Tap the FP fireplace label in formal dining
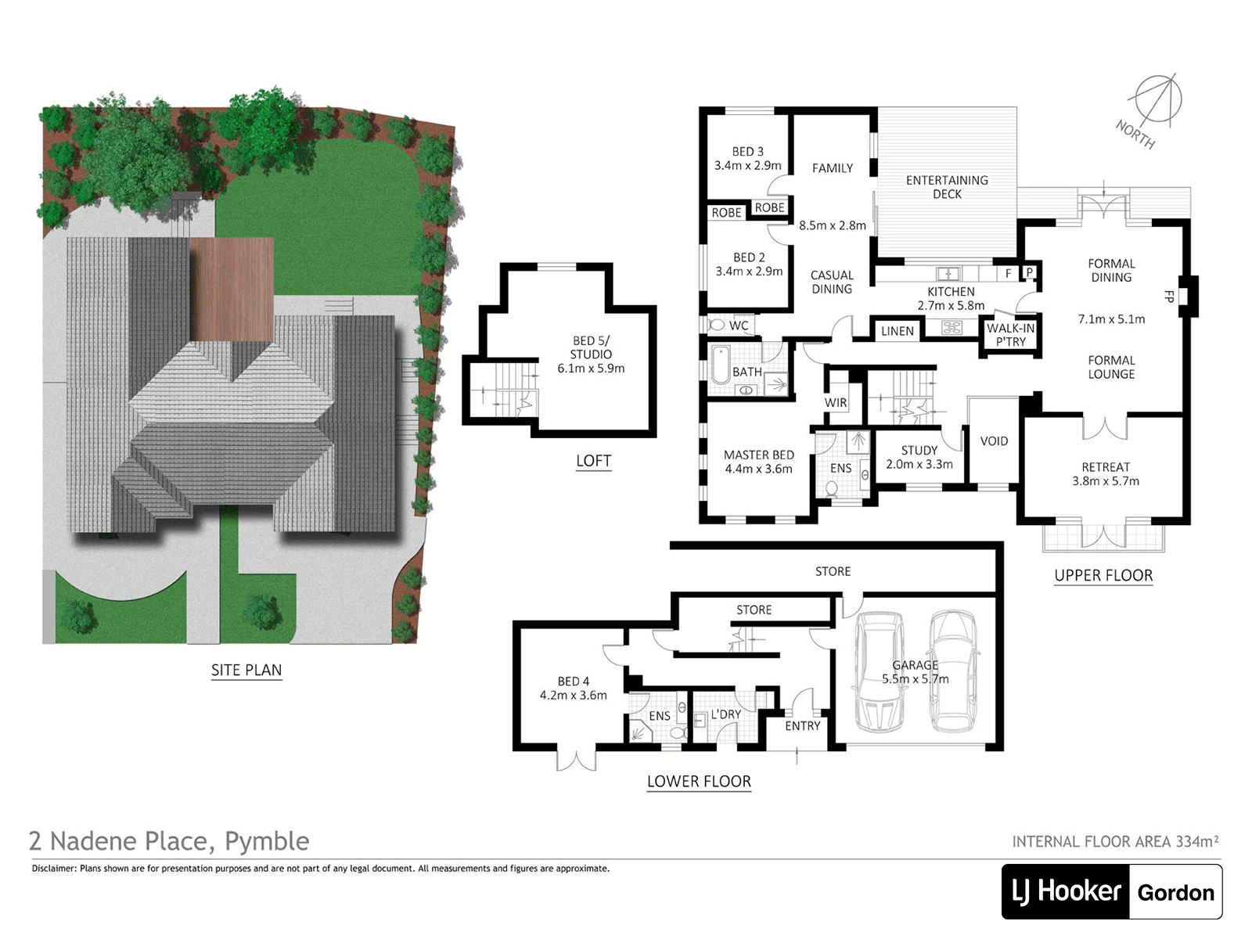tap(1169, 297)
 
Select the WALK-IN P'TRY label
tap(1010, 335)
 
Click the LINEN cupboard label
tap(898, 331)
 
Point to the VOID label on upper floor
tap(994, 441)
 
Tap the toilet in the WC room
tap(715, 326)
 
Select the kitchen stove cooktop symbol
tap(952, 328)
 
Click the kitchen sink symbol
tap(948, 274)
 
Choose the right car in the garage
tap(952, 671)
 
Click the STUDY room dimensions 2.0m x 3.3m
tap(919, 465)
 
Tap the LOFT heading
tap(593, 461)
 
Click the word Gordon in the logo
tap(1175, 892)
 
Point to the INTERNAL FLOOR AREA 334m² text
tap(1115, 841)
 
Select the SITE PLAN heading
tap(246, 670)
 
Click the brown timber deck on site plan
tap(232, 289)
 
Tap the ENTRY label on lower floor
tap(802, 726)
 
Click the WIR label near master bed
tap(836, 402)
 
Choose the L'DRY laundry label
tap(725, 714)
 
